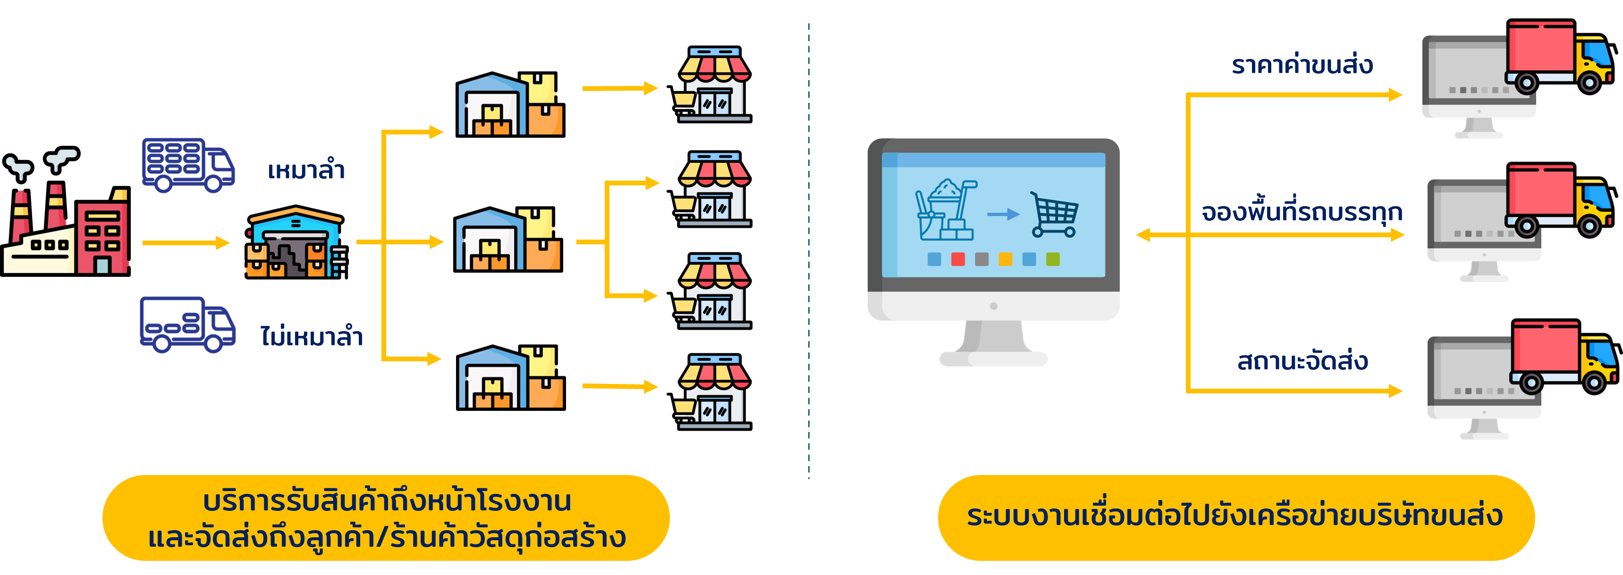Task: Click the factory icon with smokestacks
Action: click(66, 217)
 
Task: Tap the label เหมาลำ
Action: click(306, 170)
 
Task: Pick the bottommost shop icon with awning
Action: click(714, 391)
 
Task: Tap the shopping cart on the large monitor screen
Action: click(1053, 214)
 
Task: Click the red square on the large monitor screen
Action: click(958, 259)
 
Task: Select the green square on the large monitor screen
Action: click(1053, 259)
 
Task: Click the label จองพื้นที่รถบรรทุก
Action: click(1302, 212)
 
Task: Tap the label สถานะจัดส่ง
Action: click(1302, 361)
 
